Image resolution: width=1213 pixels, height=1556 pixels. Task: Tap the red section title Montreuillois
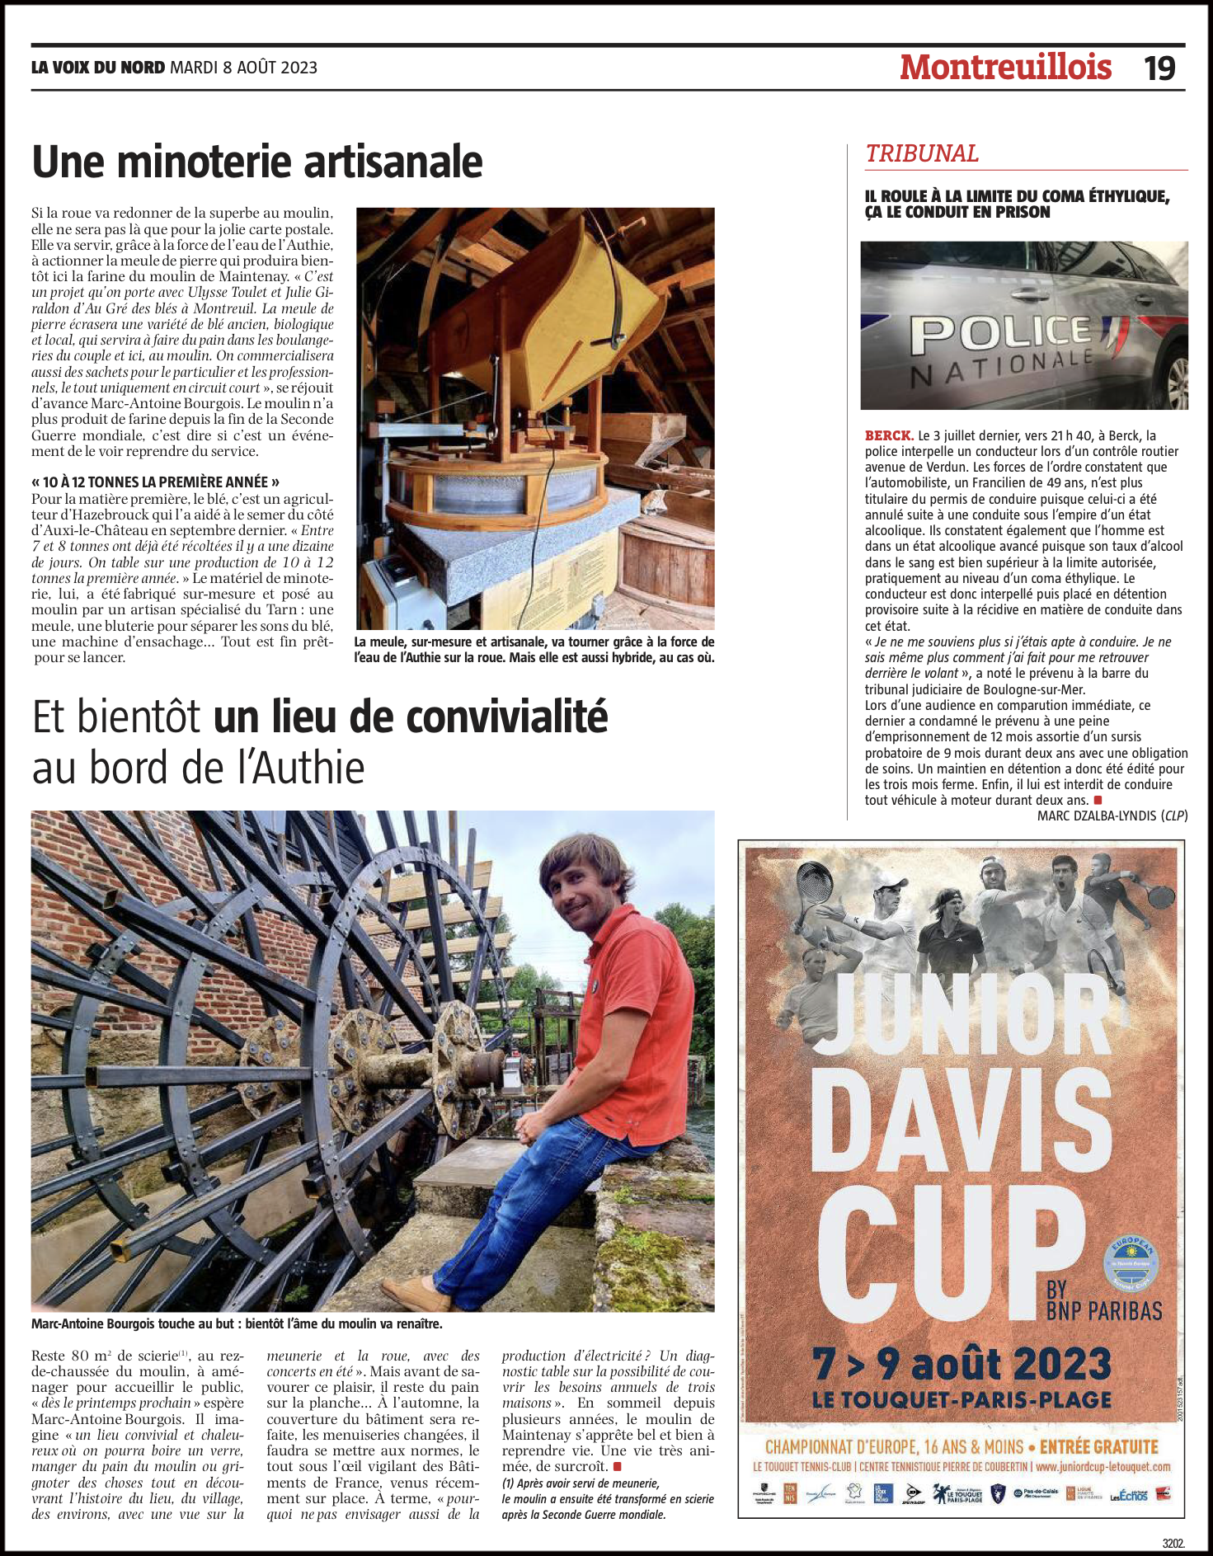tap(1005, 68)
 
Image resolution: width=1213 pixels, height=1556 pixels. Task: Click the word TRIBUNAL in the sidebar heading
tap(922, 153)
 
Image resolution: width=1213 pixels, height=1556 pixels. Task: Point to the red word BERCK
tap(889, 435)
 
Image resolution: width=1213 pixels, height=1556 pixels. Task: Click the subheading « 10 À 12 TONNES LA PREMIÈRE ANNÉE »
tap(155, 482)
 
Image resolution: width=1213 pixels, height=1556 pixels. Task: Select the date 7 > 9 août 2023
tap(961, 1365)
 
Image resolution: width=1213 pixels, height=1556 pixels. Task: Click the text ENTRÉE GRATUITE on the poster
tap(1098, 1447)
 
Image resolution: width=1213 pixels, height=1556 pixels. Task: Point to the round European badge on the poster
tap(1131, 1264)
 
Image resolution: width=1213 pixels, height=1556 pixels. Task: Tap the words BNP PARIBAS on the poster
tap(1103, 1310)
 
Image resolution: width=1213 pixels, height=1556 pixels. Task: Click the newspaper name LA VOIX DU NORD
tap(98, 68)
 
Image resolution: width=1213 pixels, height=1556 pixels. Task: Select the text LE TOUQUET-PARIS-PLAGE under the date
tap(961, 1400)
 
